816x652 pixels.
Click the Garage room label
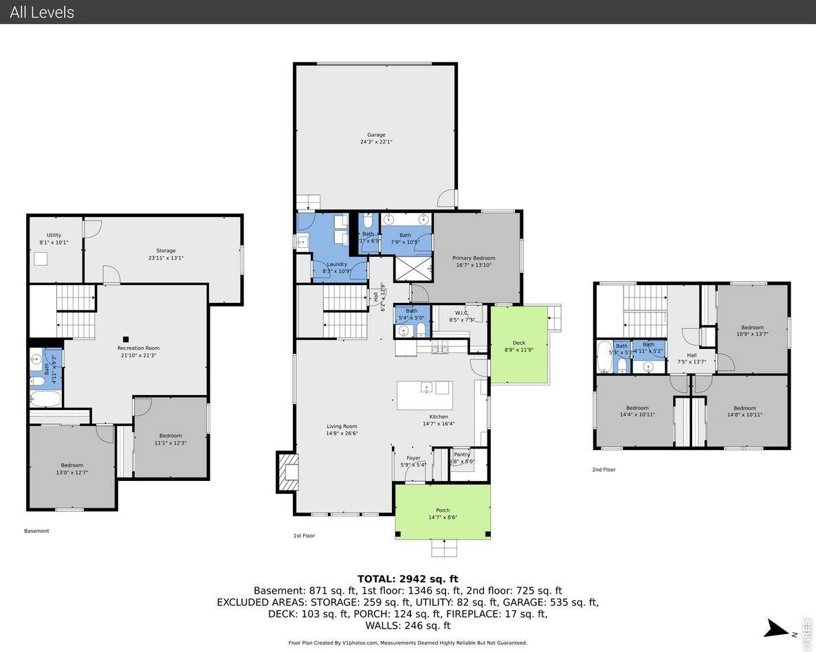376,135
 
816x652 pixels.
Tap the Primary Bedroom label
474,258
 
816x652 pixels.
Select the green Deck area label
519,343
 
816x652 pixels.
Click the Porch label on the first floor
443,510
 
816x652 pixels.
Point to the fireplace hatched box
287,472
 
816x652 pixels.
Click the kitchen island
425,395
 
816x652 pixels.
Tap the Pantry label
462,454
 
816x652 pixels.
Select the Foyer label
413,458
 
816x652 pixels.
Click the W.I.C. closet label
461,313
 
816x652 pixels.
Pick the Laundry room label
337,265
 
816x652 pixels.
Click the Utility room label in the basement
54,235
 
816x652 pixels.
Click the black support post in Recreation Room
126,339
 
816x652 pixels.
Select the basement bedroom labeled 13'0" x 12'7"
71,465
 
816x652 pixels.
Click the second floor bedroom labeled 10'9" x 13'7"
752,328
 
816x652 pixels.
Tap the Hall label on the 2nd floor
692,355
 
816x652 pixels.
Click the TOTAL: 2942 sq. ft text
408,578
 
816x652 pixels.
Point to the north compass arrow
778,628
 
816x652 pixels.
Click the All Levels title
42,12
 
